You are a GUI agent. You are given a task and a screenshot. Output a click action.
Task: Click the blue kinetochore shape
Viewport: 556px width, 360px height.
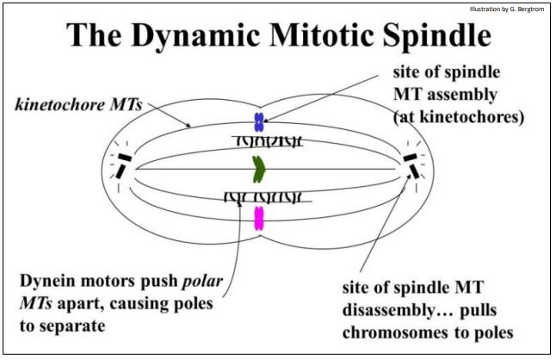[x=258, y=121]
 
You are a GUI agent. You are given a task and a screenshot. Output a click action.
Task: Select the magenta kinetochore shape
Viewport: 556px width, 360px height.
[x=258, y=218]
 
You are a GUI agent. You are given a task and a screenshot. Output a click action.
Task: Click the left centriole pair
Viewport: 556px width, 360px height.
[x=124, y=165]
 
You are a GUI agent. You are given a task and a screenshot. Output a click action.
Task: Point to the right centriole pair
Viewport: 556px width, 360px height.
[x=411, y=164]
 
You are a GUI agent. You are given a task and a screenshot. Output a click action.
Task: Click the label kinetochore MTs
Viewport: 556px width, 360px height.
[x=78, y=106]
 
